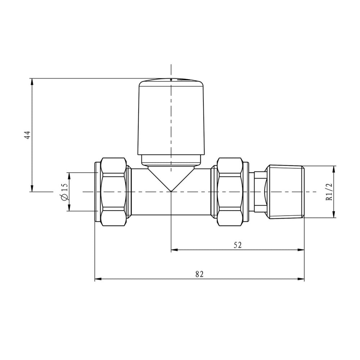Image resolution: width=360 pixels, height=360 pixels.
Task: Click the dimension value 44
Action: tap(28, 135)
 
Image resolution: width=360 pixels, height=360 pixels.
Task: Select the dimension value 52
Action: tap(238, 245)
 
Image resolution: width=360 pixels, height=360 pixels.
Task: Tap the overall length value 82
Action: tap(199, 274)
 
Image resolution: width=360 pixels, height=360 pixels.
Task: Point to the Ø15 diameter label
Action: tap(64, 192)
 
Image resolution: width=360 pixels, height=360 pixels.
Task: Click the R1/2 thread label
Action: tap(329, 192)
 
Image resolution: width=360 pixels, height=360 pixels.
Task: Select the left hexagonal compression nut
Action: tap(114, 192)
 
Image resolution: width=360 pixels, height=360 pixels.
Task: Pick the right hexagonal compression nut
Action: tap(230, 192)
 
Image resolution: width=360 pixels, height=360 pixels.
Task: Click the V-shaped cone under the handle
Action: tap(171, 179)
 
